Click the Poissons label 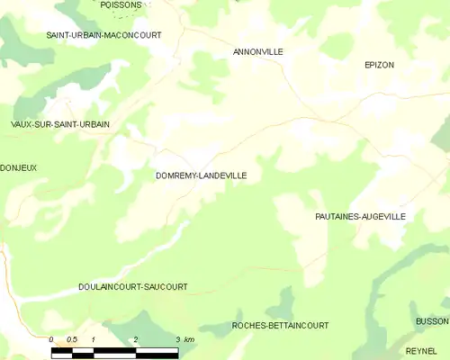pos(121,4)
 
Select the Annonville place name pos(258,52)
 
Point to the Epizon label pos(380,65)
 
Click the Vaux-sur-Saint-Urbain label pos(60,124)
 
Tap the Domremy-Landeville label pos(201,175)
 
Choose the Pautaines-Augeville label pos(360,217)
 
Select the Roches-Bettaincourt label pos(280,325)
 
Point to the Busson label pos(432,321)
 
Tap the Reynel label pos(421,350)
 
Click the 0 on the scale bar pos(51,339)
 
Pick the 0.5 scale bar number pos(71,339)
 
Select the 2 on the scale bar pos(135,339)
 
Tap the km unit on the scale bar pos(188,339)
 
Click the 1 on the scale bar pos(93,339)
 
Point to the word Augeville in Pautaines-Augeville pos(383,217)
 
